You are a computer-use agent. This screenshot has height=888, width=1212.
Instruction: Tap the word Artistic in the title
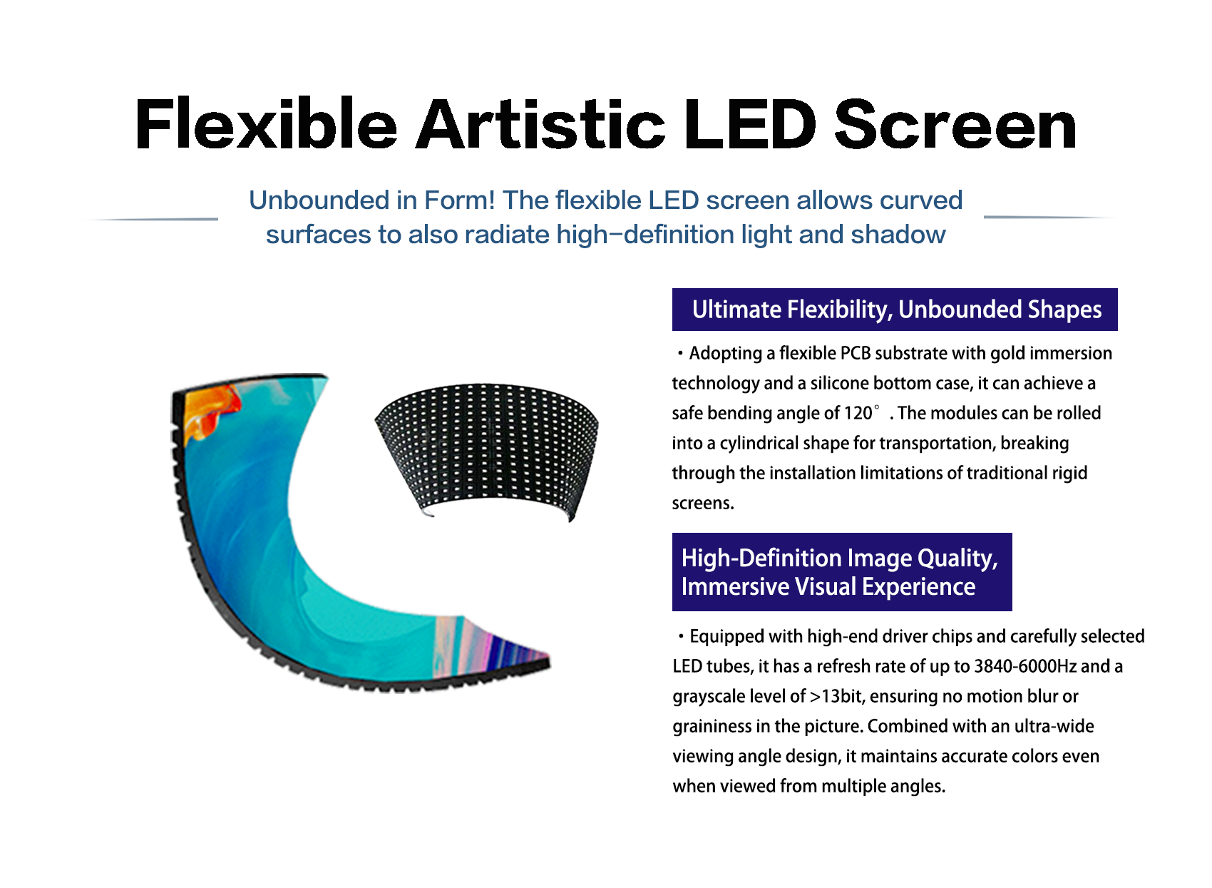540,124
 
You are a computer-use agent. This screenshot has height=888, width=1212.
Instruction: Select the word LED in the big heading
750,124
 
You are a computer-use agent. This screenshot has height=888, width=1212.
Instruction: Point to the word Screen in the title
955,125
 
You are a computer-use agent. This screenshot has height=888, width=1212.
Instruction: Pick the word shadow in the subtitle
898,235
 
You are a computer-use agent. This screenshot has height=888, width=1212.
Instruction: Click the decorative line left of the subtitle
151,219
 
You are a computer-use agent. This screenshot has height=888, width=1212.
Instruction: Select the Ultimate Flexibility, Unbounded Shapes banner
895,310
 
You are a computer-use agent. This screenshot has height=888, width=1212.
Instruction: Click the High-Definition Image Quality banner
842,572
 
